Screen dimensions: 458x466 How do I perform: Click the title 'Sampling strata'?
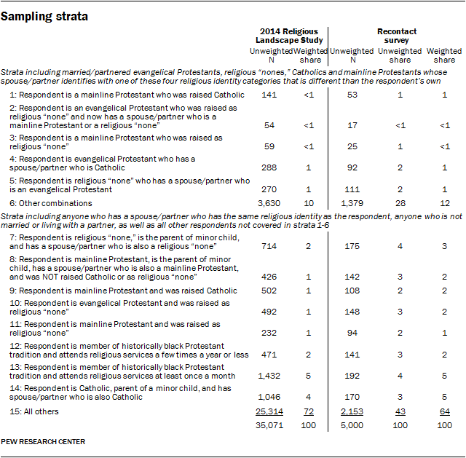point(45,13)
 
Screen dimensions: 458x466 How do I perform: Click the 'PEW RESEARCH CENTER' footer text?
point(43,441)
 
